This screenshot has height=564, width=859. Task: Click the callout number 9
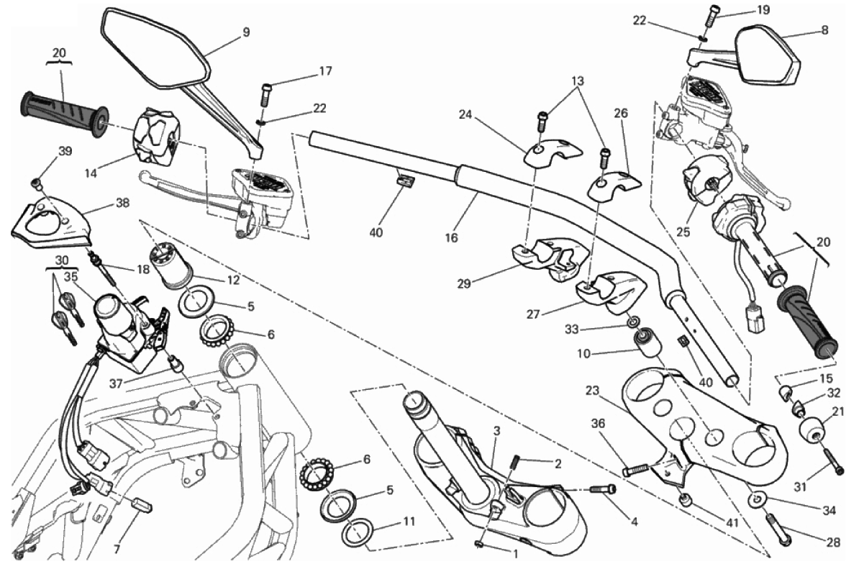[x=246, y=32]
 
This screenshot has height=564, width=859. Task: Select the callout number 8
[x=824, y=30]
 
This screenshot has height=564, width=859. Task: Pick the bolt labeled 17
[x=266, y=92]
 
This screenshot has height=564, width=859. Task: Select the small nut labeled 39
[x=37, y=182]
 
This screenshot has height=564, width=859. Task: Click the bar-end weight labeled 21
[x=814, y=427]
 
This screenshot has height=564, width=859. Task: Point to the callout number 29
[x=463, y=283]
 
